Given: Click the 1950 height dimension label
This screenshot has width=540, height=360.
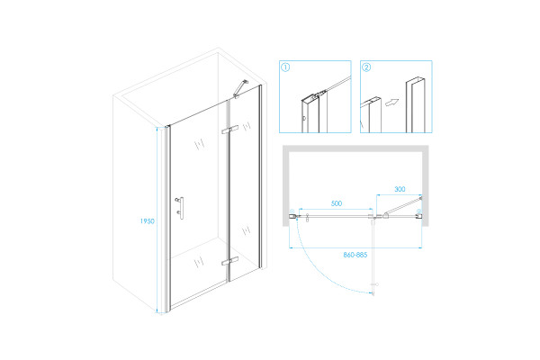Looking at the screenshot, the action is coord(147,221).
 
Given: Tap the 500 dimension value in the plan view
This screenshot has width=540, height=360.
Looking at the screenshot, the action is coord(337,203).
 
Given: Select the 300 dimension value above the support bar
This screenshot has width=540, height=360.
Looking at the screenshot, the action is coord(400,189).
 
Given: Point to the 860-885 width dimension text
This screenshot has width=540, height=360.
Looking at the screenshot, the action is coord(355,255).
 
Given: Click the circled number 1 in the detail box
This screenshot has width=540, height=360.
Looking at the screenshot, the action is coord(285,67).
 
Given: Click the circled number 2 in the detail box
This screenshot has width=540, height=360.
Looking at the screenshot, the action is coord(366,67).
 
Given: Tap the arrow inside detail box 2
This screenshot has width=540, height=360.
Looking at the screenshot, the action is coord(391,103).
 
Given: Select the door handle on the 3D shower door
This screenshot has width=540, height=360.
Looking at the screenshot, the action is coord(180,208).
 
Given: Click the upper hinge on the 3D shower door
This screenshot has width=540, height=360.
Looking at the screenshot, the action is coord(229,130).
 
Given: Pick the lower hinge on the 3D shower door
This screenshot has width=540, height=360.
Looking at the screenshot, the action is coord(229,261).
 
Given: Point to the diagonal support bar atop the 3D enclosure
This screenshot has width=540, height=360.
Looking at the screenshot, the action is coord(240,88).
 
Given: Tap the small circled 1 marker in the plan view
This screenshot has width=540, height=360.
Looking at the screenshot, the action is coord(292,211).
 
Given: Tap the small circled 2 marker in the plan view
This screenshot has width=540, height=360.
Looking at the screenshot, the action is coord(418,211).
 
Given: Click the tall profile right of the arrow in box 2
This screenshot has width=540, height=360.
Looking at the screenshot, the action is coord(415,105).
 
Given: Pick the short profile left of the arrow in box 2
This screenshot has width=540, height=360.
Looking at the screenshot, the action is coord(371,115).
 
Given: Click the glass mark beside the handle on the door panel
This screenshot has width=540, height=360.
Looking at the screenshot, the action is coord(200,144).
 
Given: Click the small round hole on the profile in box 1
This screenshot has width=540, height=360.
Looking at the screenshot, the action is coord(304,118).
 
